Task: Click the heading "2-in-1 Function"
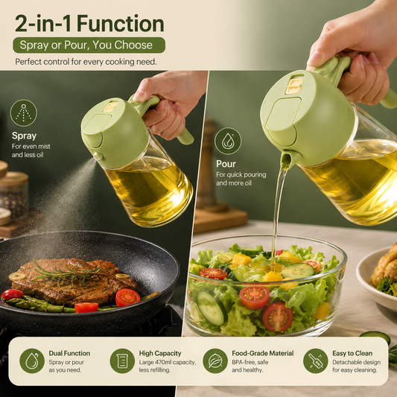(89, 24)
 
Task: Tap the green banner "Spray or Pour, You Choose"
(89, 45)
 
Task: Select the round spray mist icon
(24, 113)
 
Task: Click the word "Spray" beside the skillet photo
(24, 136)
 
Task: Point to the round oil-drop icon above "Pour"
(228, 141)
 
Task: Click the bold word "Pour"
(226, 164)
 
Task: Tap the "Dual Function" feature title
(69, 353)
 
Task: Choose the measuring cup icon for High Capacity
(122, 361)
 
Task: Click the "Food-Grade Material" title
(263, 353)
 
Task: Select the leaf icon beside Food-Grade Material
(215, 361)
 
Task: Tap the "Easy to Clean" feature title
(352, 353)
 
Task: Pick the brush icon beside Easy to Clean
(316, 361)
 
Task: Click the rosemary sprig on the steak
(67, 272)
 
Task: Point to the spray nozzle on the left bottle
(97, 156)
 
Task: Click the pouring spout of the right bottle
(286, 159)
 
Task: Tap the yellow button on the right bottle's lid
(294, 86)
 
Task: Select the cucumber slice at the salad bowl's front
(212, 307)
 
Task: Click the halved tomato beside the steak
(127, 297)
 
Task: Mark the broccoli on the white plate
(387, 286)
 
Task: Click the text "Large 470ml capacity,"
(168, 362)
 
